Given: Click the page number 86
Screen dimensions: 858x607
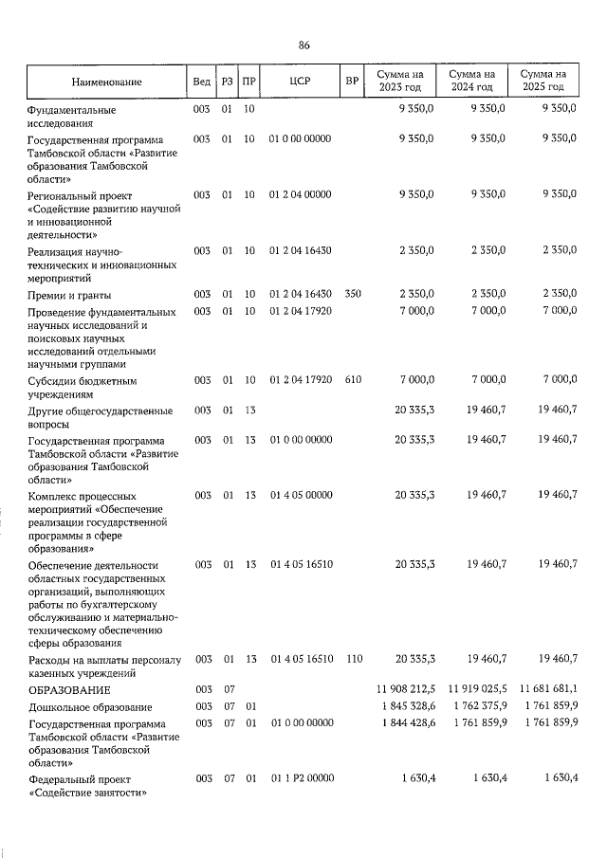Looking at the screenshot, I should point(303,46).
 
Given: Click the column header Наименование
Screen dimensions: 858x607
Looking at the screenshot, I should point(104,82).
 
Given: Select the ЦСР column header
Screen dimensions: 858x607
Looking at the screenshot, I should point(300,82).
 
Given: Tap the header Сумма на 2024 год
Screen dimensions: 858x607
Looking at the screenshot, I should point(472,81).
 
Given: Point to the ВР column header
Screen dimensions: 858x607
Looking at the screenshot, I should point(353,82).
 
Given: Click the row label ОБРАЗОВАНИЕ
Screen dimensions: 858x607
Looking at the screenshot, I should point(68,689).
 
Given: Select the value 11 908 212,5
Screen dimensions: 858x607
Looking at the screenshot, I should point(401,689).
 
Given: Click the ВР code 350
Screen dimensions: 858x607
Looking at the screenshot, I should point(353,293).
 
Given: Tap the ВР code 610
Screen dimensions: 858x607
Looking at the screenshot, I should point(353,380).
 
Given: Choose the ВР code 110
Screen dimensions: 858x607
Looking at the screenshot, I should point(353,658).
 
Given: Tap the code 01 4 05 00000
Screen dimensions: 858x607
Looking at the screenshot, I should point(300,495).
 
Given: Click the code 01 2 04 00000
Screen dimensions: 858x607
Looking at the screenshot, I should point(300,194).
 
